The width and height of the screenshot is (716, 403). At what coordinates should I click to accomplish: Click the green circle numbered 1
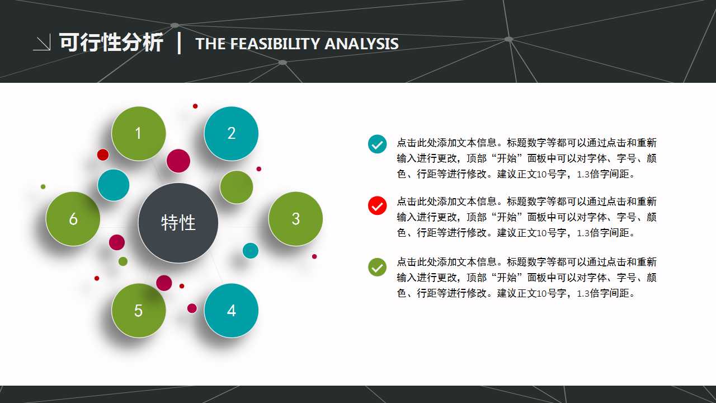pyautogui.click(x=139, y=133)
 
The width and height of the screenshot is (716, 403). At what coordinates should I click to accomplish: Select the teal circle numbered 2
pyautogui.click(x=231, y=133)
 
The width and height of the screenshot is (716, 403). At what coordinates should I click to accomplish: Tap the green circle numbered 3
pyautogui.click(x=295, y=219)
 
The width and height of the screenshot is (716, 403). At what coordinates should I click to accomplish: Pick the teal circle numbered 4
pyautogui.click(x=231, y=311)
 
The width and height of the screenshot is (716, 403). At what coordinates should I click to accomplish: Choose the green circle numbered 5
pyautogui.click(x=139, y=311)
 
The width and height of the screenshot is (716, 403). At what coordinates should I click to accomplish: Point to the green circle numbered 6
pyautogui.click(x=73, y=219)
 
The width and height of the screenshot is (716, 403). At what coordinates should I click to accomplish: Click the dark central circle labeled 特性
pyautogui.click(x=178, y=223)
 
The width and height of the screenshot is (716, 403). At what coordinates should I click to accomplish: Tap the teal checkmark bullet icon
pyautogui.click(x=378, y=144)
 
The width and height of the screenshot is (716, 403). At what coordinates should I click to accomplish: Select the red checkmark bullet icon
pyautogui.click(x=378, y=205)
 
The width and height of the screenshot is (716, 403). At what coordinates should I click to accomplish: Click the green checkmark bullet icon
pyautogui.click(x=378, y=267)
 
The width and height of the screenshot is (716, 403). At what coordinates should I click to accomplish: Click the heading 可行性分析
pyautogui.click(x=111, y=43)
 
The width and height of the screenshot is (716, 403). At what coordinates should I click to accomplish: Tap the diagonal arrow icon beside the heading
pyautogui.click(x=42, y=43)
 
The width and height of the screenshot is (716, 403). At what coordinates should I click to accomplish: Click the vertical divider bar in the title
pyautogui.click(x=179, y=43)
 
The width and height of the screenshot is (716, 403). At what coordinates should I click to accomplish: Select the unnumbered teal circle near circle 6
pyautogui.click(x=114, y=185)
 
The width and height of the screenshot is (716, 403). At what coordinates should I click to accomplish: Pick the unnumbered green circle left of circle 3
pyautogui.click(x=237, y=187)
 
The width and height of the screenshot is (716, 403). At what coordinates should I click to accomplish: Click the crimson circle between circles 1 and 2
pyautogui.click(x=178, y=161)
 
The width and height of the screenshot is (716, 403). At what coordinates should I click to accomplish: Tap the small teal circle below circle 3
pyautogui.click(x=251, y=250)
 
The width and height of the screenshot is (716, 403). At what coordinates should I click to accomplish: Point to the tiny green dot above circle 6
pyautogui.click(x=43, y=186)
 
